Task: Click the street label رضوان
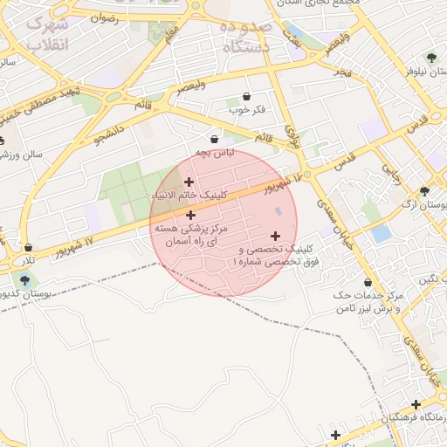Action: [104, 17]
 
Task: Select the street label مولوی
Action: [293, 134]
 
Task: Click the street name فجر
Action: [341, 71]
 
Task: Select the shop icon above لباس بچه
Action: [215, 139]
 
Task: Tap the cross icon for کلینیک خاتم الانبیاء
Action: [189, 182]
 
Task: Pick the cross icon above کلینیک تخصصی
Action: [276, 236]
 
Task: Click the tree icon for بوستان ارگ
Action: [425, 191]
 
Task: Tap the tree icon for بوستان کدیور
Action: [24, 280]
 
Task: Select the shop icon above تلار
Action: [30, 248]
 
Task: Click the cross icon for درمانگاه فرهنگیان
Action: [416, 404]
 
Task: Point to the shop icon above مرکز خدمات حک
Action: [368, 282]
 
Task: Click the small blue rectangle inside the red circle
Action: [279, 211]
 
